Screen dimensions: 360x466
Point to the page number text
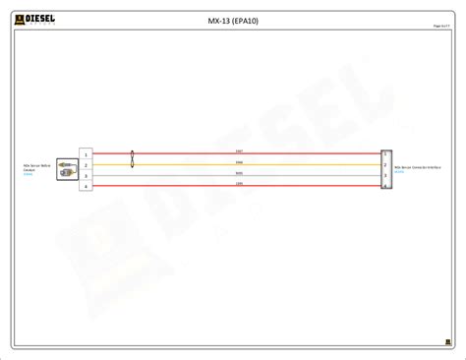[440, 26]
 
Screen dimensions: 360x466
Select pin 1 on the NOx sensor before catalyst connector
[87, 154]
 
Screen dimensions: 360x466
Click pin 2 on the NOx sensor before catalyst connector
[87, 165]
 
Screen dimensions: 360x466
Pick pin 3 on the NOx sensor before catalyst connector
[87, 176]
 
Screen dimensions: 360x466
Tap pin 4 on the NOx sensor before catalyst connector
[87, 186]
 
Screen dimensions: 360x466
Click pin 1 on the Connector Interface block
[385, 154]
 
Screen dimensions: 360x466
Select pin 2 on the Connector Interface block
[385, 165]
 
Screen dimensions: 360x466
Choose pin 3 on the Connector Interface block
[385, 175]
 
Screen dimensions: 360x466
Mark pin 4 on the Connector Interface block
[385, 185]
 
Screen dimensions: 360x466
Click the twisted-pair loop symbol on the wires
[132, 159]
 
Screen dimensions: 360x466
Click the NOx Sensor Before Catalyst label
[36, 168]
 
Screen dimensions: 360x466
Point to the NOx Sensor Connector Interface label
[417, 168]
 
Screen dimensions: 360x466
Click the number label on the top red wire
[239, 151]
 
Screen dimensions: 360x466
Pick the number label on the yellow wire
[239, 162]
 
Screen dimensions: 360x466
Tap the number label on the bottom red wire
[239, 183]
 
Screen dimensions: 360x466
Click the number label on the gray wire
[239, 173]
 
